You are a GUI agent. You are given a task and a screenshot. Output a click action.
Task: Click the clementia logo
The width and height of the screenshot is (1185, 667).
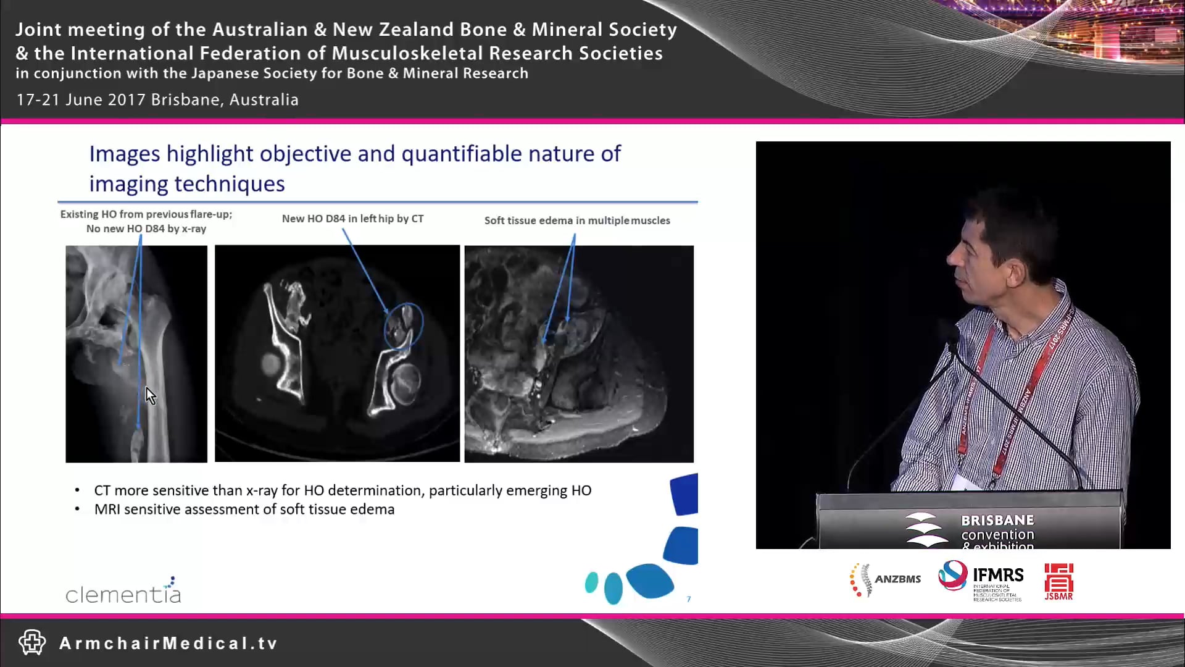pos(123,592)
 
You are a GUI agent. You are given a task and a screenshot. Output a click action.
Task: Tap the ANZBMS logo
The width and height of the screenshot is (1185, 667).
pos(885,579)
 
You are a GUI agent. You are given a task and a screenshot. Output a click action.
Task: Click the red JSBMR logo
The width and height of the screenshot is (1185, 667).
pos(1058,581)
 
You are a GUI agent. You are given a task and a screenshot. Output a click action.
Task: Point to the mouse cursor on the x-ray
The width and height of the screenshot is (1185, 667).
pos(150,395)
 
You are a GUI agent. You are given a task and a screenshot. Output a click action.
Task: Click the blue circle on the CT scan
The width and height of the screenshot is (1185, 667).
pos(404,325)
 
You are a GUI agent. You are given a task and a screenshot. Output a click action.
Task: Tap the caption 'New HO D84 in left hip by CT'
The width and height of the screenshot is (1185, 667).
pos(352,219)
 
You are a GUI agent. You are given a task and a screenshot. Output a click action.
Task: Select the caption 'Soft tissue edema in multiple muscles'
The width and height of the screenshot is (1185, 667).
pos(576,220)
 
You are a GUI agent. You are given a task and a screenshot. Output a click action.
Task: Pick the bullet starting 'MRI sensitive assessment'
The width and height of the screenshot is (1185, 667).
pos(244,510)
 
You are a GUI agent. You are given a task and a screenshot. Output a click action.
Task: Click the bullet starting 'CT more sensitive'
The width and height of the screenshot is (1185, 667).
pos(342,490)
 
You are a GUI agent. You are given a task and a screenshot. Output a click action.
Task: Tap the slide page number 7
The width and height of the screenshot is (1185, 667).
pos(689,599)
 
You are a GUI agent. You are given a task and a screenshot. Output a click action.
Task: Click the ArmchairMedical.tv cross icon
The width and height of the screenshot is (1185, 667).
pos(32,642)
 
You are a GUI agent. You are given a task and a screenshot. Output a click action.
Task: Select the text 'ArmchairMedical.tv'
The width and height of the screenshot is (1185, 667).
pos(168,644)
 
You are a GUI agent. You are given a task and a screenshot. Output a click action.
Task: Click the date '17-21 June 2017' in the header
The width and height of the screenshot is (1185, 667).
pos(80,99)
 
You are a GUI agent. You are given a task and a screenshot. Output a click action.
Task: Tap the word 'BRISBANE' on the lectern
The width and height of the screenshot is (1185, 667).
pos(997,521)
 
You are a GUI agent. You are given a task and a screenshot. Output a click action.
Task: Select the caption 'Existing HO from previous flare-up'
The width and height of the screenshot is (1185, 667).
pos(146,214)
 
